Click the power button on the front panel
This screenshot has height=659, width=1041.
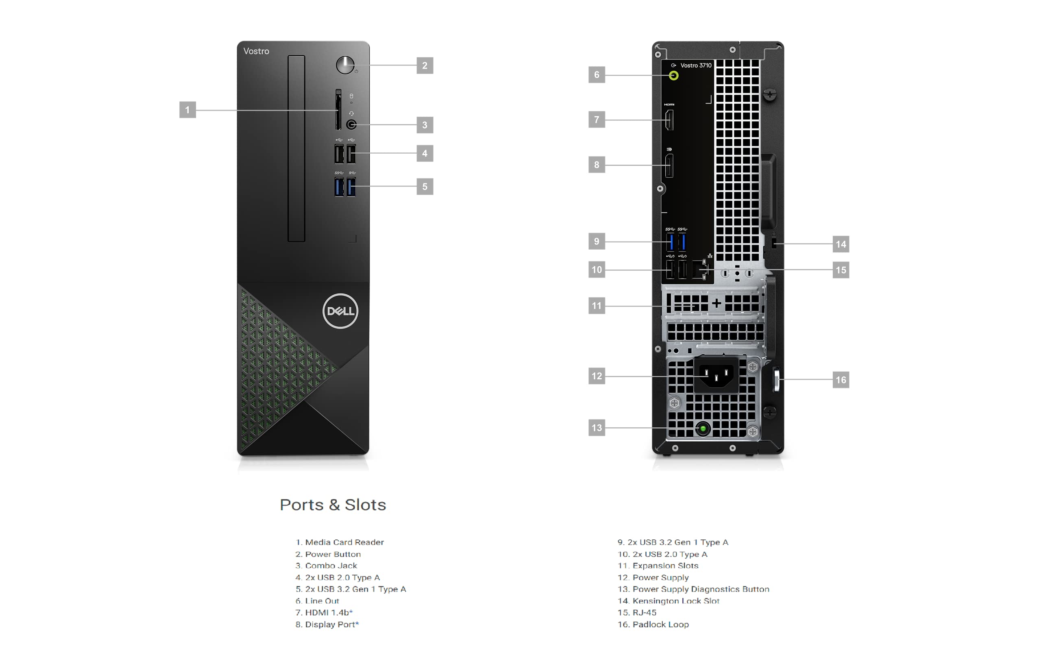click(x=345, y=65)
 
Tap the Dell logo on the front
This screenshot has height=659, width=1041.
click(x=340, y=311)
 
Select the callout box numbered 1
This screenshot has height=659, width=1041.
click(x=187, y=110)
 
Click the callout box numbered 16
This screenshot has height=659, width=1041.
click(x=841, y=380)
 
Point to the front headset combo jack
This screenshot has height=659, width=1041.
click(x=351, y=125)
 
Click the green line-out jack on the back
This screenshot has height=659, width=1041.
click(x=673, y=76)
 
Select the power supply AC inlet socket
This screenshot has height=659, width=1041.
click(x=716, y=375)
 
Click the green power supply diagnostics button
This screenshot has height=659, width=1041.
click(x=703, y=428)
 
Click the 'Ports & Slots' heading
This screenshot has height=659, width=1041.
click(x=333, y=505)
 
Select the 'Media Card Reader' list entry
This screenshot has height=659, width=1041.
click(x=340, y=542)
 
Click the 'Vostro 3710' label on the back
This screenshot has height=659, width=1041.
click(x=696, y=65)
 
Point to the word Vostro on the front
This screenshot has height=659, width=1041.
click(x=256, y=51)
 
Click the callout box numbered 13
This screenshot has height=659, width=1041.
click(x=597, y=428)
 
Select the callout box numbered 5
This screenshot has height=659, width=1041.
click(x=425, y=187)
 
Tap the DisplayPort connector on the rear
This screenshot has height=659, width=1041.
click(x=669, y=165)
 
